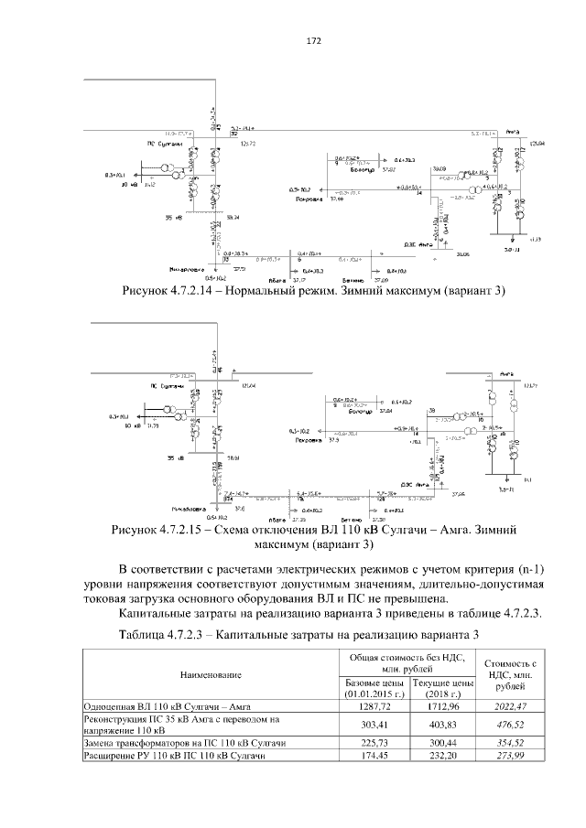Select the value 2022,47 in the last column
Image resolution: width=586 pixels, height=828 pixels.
tap(509, 706)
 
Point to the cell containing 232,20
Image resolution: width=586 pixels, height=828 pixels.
tap(441, 757)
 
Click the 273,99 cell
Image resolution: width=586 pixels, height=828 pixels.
tap(509, 757)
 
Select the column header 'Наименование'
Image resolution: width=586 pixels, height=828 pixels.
tap(211, 674)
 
